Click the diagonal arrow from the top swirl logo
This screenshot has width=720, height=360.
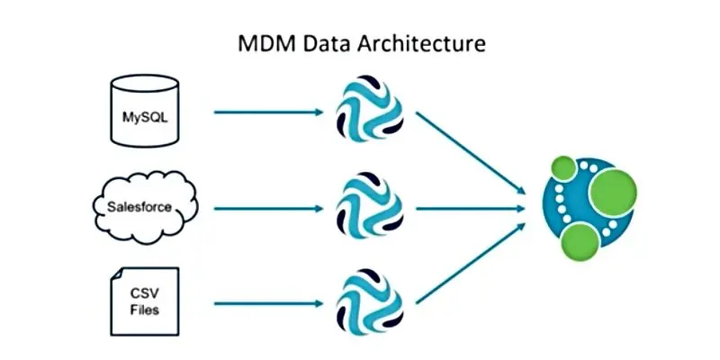pos(470,151)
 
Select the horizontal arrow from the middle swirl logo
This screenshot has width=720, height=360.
pos(470,208)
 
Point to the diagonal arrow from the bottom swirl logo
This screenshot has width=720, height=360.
pos(470,263)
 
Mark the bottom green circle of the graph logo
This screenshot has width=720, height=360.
pos(580,238)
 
